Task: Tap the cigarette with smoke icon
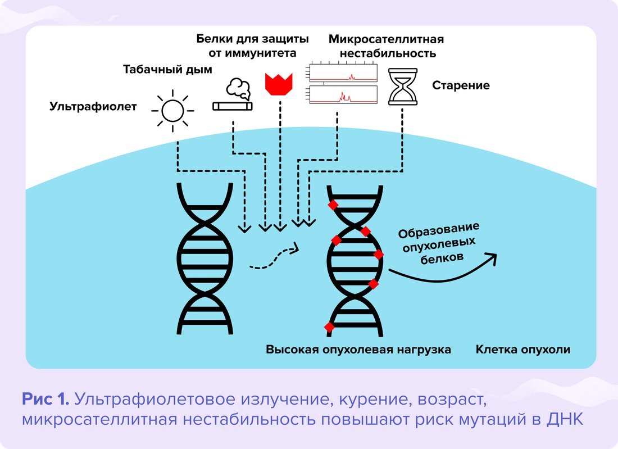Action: click(233, 97)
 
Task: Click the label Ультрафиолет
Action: click(93, 106)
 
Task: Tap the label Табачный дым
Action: click(167, 70)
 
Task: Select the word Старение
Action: click(461, 85)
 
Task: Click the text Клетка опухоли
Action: click(523, 350)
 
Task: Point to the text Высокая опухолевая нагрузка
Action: click(358, 350)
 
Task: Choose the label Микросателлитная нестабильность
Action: click(386, 47)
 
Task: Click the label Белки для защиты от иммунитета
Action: click(252, 47)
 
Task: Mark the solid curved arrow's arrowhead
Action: click(492, 257)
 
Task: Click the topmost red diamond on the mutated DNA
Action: click(333, 205)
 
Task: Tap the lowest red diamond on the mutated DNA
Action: click(329, 326)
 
